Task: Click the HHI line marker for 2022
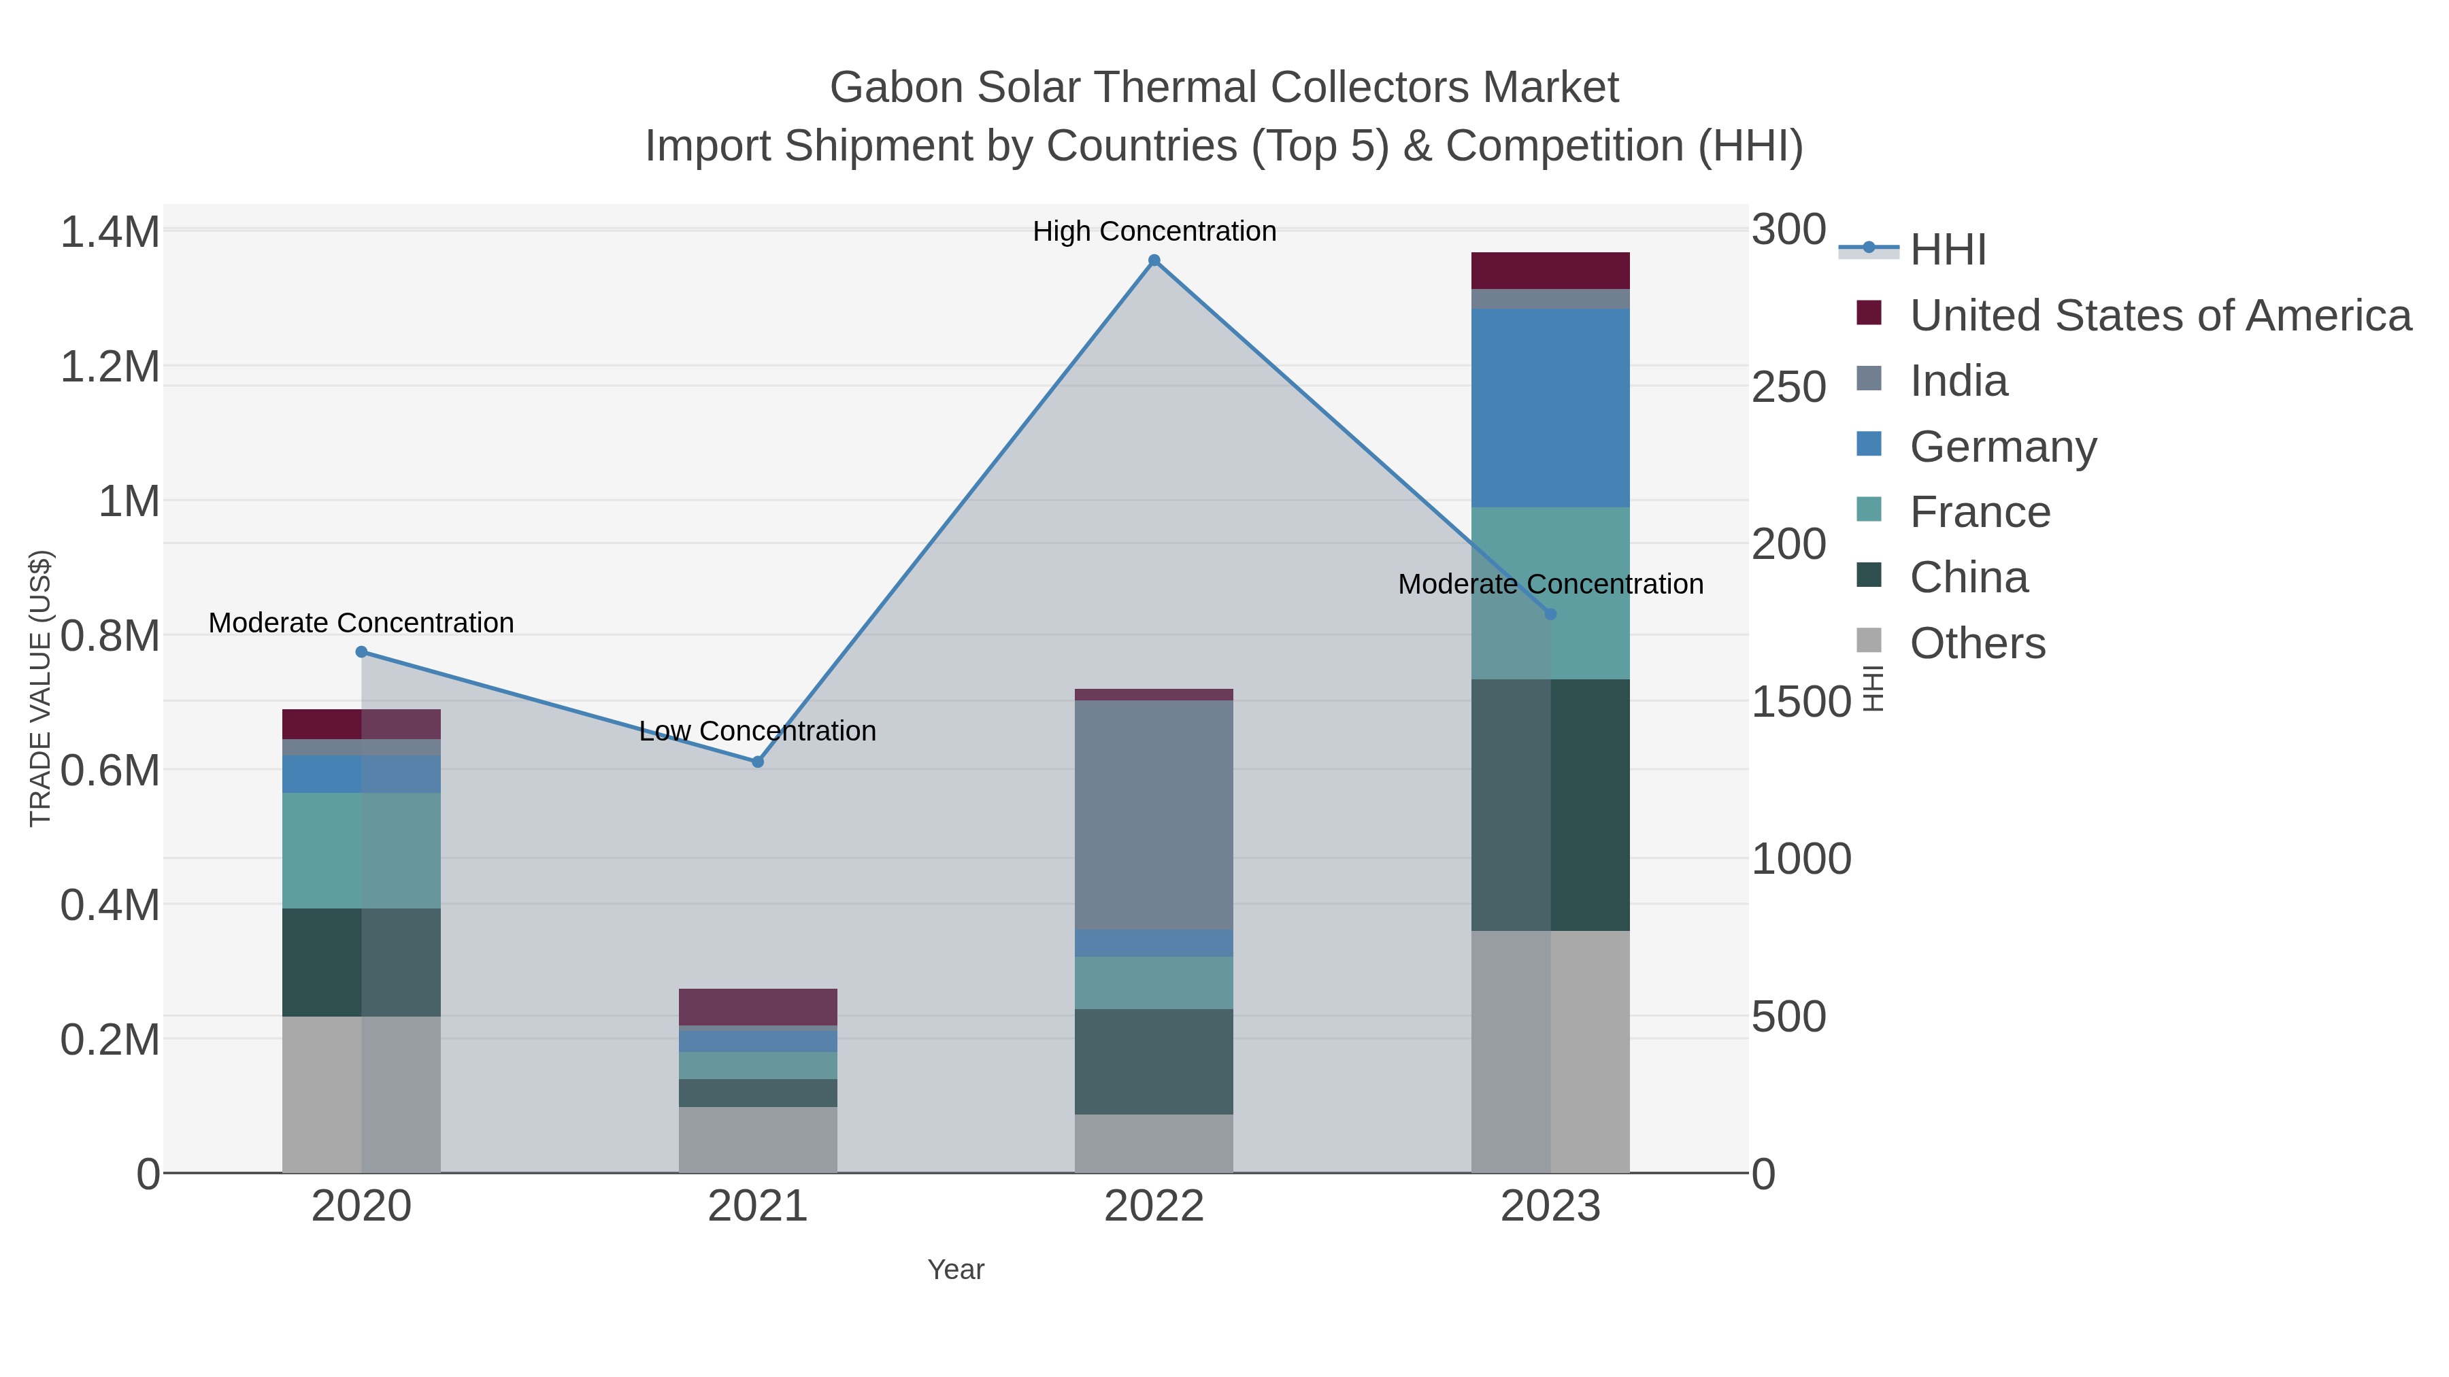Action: point(1154,260)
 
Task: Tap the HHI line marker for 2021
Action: point(758,762)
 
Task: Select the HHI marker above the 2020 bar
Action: point(361,652)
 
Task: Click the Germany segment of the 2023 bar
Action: point(1550,408)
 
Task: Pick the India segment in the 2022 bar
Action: point(1154,815)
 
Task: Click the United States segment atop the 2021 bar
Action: point(758,1006)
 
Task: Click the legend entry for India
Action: point(1959,381)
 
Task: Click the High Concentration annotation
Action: point(1154,231)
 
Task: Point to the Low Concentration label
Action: point(758,731)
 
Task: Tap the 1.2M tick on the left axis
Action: point(110,367)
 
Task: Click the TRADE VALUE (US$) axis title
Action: point(40,688)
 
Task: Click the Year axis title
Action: point(956,1270)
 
